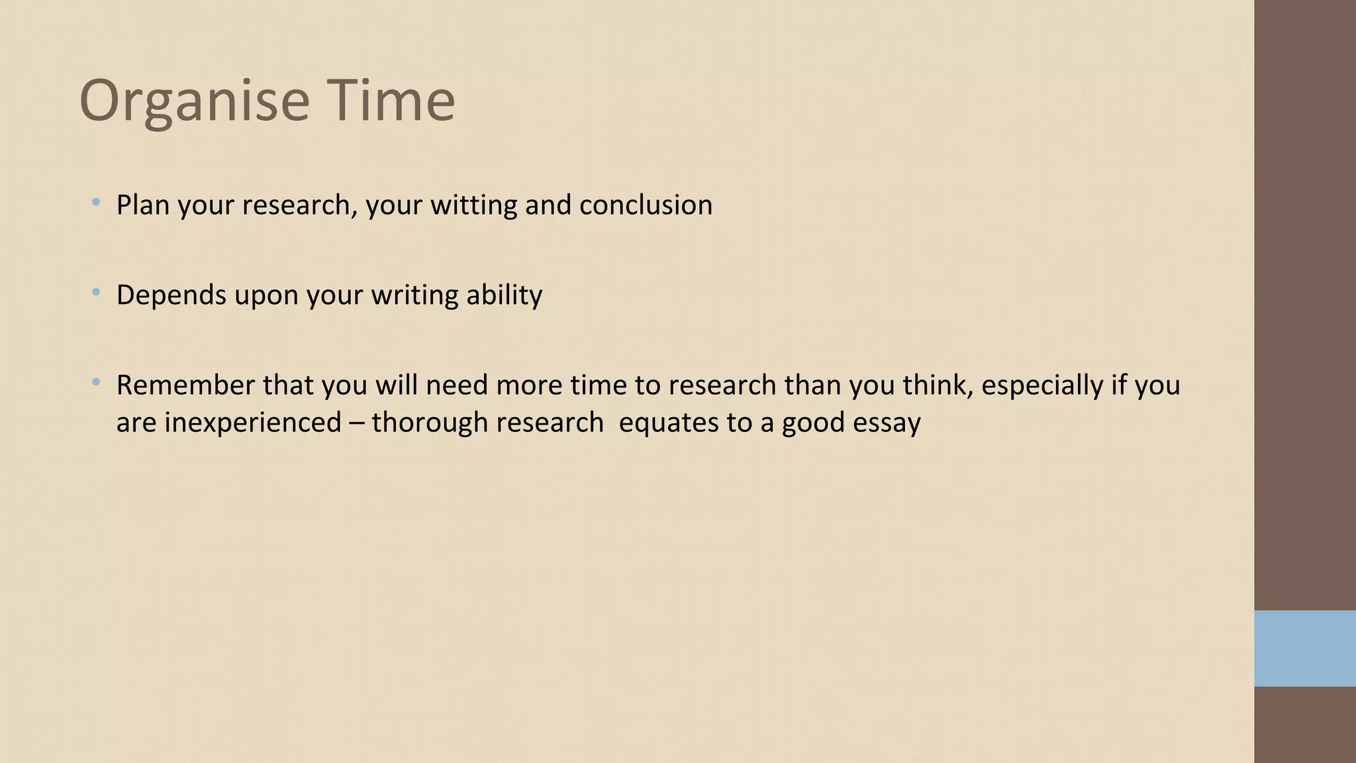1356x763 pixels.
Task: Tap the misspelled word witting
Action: [x=473, y=205]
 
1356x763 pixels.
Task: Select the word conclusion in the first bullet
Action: [x=646, y=205]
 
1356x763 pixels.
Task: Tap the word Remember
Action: [x=185, y=385]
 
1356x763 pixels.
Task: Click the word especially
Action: [x=1041, y=385]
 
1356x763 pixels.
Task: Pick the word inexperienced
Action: [x=253, y=423]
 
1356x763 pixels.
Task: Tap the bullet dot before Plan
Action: [x=97, y=201]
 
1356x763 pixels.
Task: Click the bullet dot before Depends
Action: [x=97, y=291]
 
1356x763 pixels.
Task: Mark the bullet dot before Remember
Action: [x=97, y=381]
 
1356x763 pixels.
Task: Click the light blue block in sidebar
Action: [x=1304, y=648]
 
